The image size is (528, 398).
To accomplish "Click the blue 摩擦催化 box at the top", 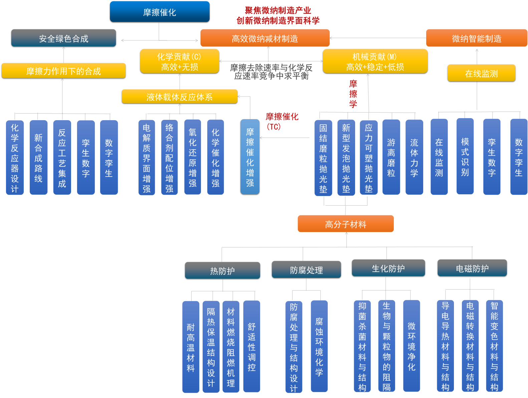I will pos(160,12).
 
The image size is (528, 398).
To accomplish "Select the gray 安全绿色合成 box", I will pos(63,38).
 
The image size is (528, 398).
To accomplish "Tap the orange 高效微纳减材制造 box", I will pos(265,38).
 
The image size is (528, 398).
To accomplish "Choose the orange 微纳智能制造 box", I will pos(476,38).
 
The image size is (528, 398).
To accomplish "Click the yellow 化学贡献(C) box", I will pos(180,61).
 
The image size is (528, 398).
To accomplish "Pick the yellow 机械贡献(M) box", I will pos(375,61).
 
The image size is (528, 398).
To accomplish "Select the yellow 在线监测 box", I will pos(481,73).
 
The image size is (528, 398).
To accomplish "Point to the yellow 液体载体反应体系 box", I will pos(180,96).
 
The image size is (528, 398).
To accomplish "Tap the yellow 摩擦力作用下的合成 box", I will pos(63,71).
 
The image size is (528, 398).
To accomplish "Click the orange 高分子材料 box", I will pos(345,224).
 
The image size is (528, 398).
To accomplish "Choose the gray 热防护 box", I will pos(222,270).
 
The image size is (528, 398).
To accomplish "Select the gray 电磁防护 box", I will pos(472,268).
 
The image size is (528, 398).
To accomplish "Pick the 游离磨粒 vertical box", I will pos(391,157).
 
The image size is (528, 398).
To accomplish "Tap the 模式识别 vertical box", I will pos(465,157).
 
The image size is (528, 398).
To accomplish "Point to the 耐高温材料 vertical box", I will pos(191,347).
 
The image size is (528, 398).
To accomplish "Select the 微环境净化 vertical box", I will pos(412,346).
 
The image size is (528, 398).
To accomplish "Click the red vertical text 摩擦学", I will pos(353,94).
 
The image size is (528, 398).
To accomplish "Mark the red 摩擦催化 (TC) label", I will pos(282,121).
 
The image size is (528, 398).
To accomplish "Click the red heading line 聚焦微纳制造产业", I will pos(278,10).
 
